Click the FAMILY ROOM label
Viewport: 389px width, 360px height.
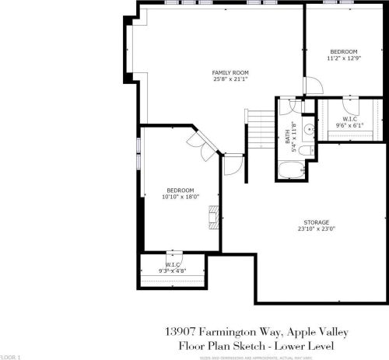225,72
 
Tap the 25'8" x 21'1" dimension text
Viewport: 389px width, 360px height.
225,79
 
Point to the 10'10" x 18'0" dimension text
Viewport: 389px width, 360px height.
180,197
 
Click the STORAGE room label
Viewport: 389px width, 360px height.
316,222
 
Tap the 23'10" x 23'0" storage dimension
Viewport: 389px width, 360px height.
316,229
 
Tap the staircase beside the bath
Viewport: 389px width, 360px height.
260,124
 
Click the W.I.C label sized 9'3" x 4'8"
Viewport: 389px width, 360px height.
173,266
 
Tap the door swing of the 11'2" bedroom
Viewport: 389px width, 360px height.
310,88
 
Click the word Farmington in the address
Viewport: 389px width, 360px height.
220,330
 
